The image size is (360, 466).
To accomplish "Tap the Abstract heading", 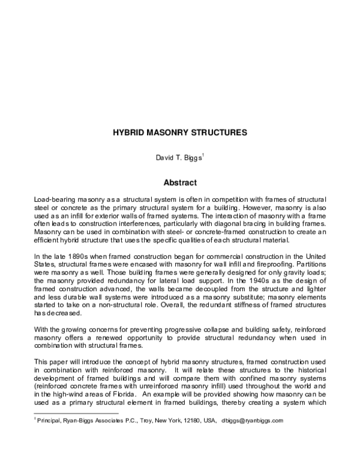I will click(x=180, y=180).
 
